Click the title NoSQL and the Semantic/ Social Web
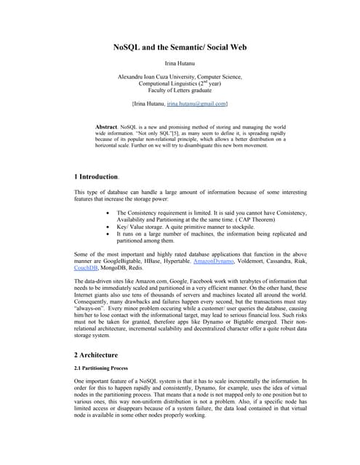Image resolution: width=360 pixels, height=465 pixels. tap(180, 46)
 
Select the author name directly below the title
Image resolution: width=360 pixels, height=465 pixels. tap(180, 64)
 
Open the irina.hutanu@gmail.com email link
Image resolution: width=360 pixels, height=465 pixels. tap(197, 105)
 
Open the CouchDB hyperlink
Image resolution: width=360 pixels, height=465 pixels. tap(86, 267)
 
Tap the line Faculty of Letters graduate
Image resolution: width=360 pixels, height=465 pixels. tap(180, 90)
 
